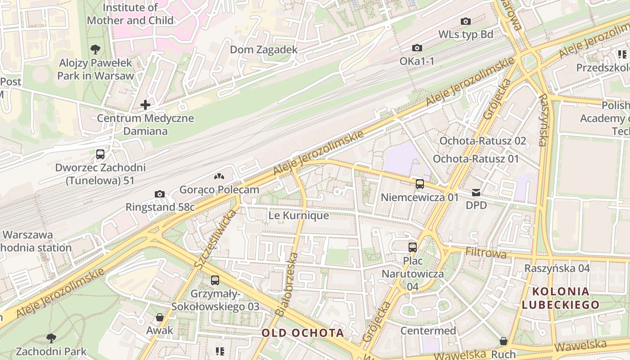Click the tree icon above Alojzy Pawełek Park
(x=95, y=49)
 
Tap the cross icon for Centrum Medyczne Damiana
(x=145, y=105)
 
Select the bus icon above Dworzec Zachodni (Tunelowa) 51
(x=100, y=154)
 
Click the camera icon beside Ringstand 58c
(x=159, y=194)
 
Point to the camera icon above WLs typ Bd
(x=466, y=21)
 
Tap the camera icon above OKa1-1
(x=417, y=48)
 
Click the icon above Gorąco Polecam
(x=219, y=177)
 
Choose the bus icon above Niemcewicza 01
(x=419, y=184)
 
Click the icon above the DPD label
(x=476, y=193)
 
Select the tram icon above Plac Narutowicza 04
(x=412, y=247)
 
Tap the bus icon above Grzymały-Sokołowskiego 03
(x=215, y=280)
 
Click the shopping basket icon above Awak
(x=159, y=317)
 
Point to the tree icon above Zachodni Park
(x=51, y=338)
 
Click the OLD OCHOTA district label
(x=303, y=333)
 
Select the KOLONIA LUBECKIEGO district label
(x=561, y=298)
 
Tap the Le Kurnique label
(x=298, y=216)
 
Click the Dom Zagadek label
(x=264, y=49)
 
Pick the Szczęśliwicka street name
(x=216, y=240)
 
